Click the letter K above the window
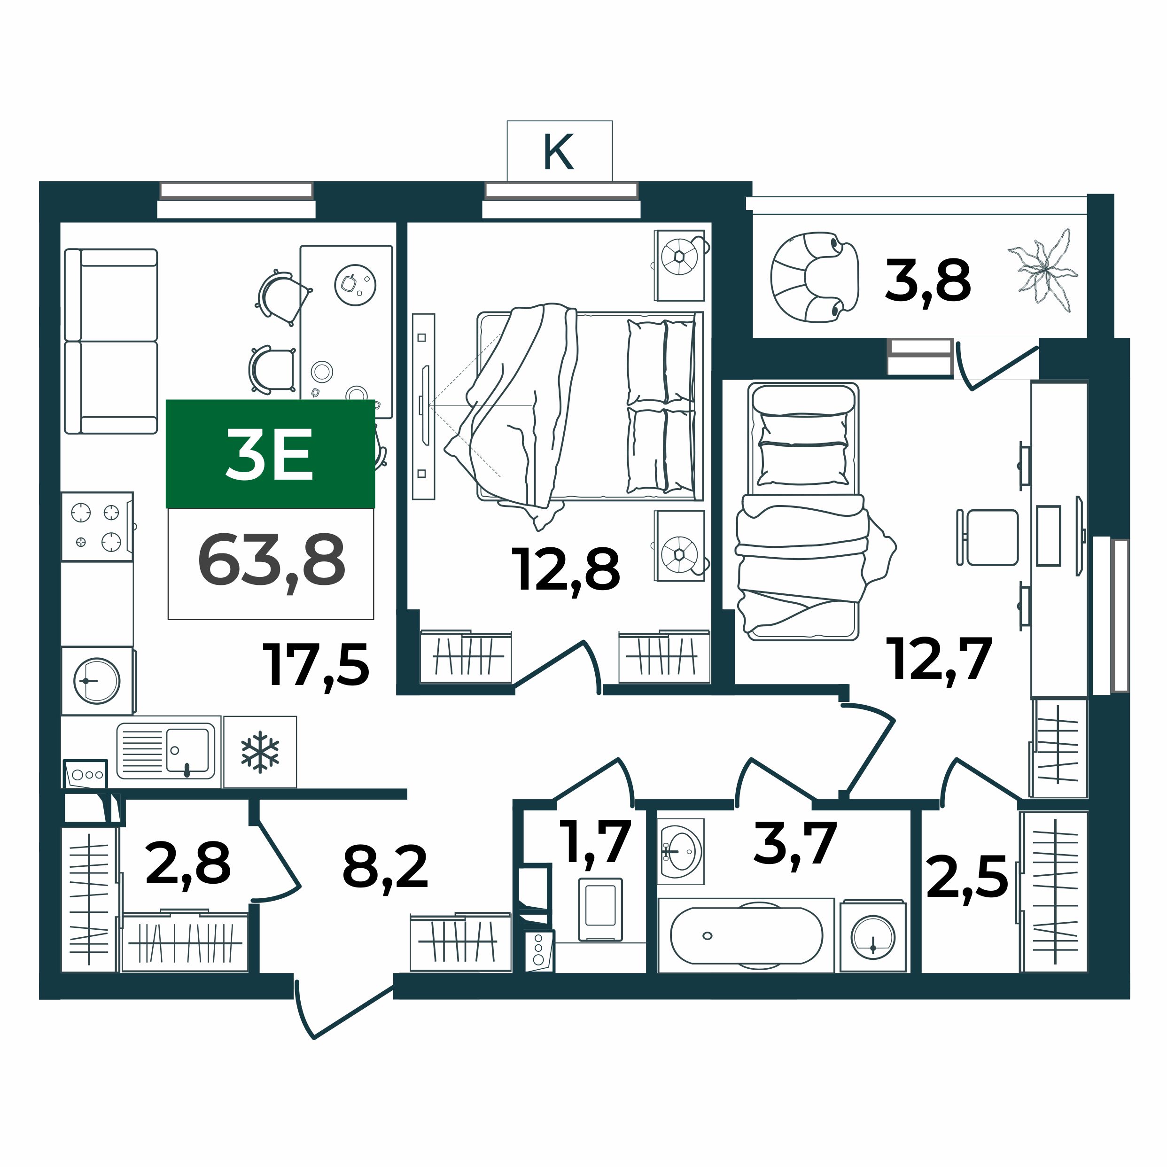[559, 152]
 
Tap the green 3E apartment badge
[270, 454]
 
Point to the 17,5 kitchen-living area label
[316, 665]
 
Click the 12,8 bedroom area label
[566, 569]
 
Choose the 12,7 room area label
[939, 660]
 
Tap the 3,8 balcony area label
[928, 280]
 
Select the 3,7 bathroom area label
[795, 843]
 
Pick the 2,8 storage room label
[188, 864]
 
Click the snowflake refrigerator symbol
[260, 752]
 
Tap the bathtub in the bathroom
[746, 936]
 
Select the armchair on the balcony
[814, 277]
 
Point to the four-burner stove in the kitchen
[97, 527]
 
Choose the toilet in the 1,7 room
[600, 910]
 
